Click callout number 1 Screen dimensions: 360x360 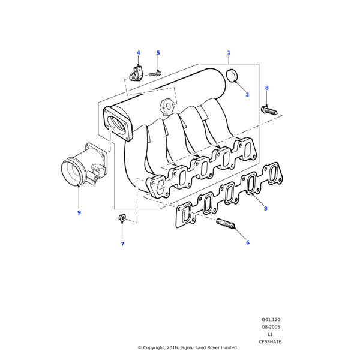(229, 53)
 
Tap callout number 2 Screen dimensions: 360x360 (247, 95)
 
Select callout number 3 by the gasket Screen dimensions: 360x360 (265, 209)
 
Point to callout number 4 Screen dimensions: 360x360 (138, 53)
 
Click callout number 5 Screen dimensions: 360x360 (158, 53)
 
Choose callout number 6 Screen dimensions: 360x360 (247, 242)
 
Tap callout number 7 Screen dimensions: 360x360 (122, 244)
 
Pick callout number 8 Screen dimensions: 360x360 (267, 88)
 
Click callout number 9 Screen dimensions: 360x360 (79, 212)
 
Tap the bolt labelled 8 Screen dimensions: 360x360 (268, 110)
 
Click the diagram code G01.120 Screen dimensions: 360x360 (271, 320)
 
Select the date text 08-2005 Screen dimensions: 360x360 (271, 327)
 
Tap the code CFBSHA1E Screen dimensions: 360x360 (270, 341)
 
